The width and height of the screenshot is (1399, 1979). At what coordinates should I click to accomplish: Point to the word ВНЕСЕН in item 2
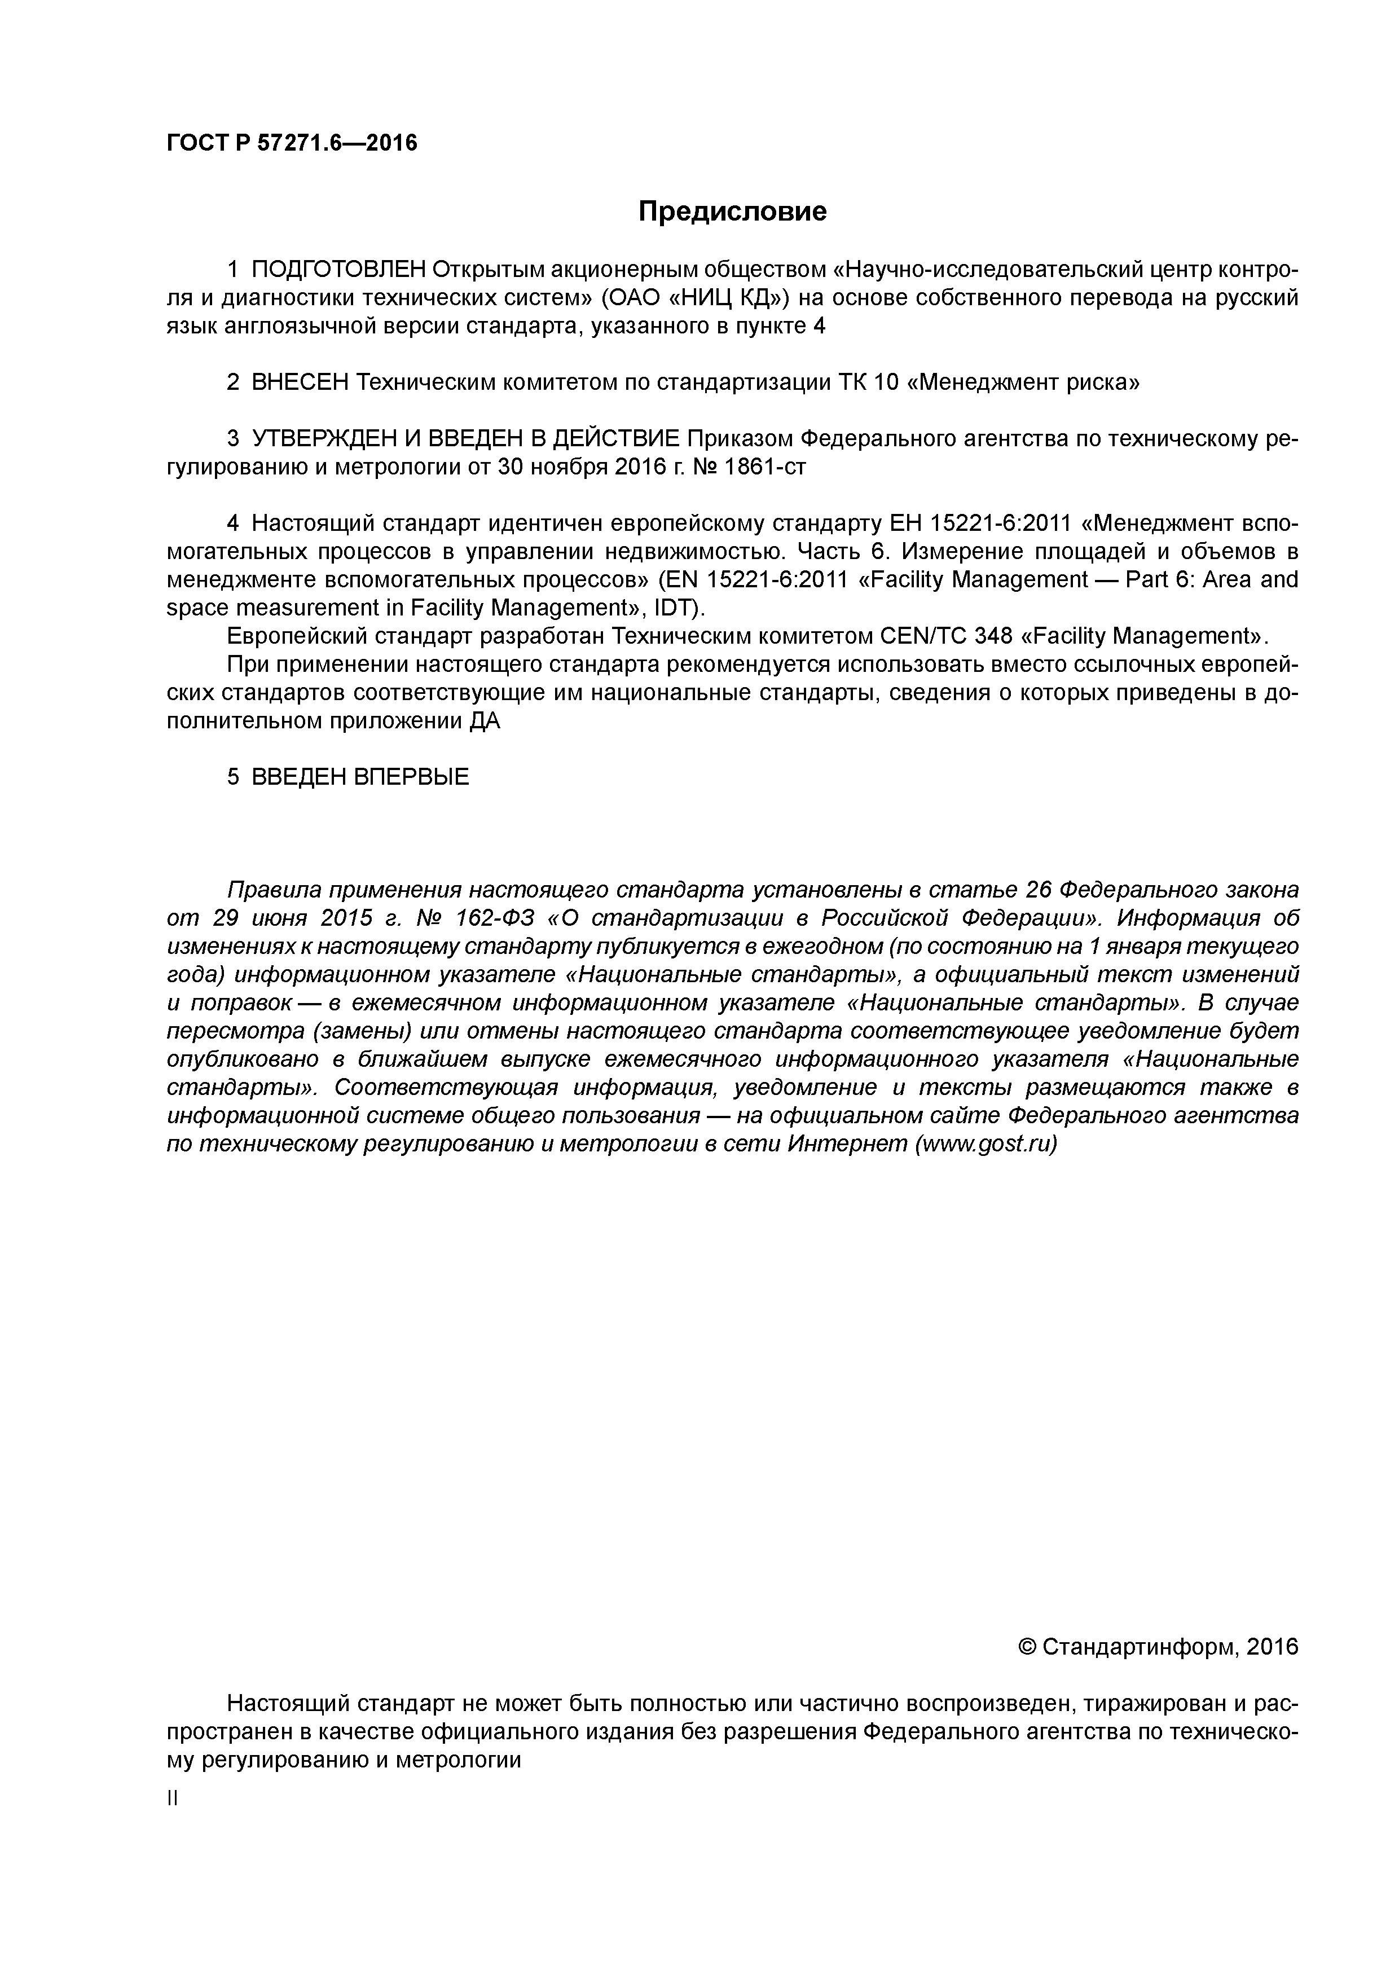[298, 382]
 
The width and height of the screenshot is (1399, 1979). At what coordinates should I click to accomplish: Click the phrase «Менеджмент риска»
[1023, 382]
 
